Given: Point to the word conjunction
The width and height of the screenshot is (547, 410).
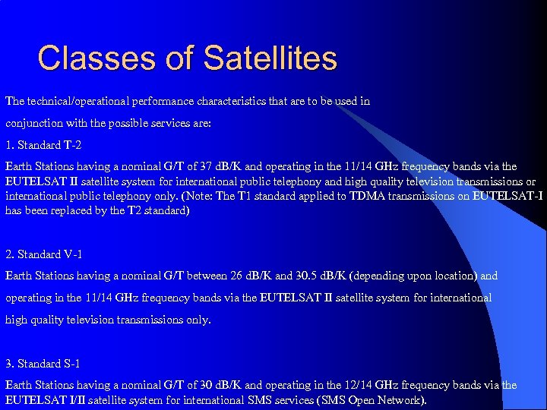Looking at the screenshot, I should tap(37, 123).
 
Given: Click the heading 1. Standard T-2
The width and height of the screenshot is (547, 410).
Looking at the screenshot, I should tap(44, 145).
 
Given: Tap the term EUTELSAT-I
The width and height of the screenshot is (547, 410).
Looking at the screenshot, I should tap(507, 196).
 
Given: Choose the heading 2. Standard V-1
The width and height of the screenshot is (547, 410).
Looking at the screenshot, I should tap(45, 254).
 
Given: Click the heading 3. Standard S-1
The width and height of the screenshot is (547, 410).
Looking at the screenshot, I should tap(44, 364).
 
